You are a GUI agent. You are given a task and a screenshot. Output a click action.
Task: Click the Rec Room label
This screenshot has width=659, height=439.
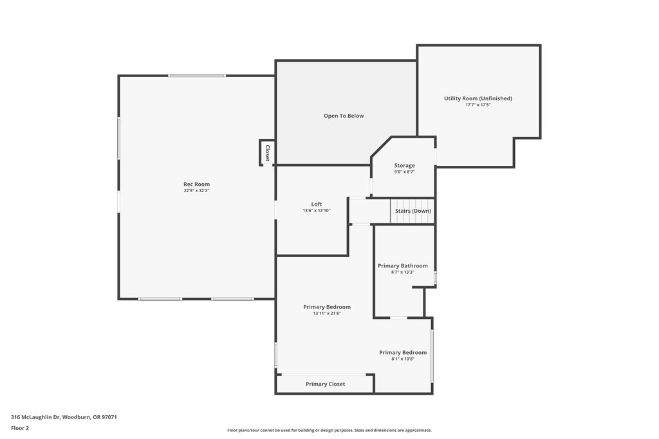196,184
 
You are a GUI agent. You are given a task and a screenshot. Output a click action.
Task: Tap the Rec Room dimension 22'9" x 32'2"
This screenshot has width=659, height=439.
196,190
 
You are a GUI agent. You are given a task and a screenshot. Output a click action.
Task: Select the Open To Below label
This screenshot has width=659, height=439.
344,116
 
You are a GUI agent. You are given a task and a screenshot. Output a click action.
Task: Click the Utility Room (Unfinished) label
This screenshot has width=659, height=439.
478,98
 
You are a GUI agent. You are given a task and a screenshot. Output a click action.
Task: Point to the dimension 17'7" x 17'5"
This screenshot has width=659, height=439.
478,105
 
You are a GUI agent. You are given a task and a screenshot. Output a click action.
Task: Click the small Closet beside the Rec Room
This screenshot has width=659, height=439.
267,153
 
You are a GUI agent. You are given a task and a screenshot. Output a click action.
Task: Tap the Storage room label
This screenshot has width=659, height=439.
404,166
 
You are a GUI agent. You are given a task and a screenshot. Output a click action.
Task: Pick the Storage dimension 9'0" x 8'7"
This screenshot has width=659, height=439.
404,172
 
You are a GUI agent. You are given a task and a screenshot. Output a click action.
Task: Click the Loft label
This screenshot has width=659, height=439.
317,204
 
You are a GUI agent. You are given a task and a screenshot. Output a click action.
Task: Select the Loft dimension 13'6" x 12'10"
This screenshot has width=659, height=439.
317,211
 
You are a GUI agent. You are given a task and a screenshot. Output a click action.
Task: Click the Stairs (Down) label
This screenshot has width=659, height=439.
413,211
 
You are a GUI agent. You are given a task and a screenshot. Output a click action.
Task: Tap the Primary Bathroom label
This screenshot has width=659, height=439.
403,265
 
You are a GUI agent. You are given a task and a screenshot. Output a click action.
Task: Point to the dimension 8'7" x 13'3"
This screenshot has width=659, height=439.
403,272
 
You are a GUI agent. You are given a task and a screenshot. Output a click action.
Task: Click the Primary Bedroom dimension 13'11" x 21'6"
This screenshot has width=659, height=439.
326,313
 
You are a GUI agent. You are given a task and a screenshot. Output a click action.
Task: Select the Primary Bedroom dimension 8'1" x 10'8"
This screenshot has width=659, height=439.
403,359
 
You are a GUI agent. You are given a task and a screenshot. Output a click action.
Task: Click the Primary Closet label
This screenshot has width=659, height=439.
325,384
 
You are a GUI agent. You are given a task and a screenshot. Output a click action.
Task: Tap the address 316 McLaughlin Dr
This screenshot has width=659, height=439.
36,417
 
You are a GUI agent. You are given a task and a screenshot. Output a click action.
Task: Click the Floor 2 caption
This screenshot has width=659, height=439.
20,428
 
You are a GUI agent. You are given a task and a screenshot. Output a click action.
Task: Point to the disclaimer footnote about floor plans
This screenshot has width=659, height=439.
329,430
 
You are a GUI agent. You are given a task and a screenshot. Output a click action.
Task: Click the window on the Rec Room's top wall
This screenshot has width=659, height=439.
197,76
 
